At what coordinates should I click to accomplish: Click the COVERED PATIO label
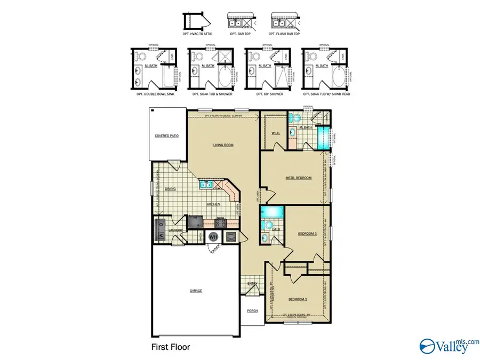(166, 136)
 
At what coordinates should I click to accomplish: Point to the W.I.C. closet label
(276, 133)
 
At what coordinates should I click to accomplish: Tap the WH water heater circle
(213, 237)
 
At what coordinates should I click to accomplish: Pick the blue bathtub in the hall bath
(270, 211)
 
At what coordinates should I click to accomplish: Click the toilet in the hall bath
(268, 224)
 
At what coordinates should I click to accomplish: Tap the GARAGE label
(196, 291)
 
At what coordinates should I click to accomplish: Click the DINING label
(170, 189)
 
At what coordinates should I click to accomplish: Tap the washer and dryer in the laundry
(161, 230)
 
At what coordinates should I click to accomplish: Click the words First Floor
(170, 347)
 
